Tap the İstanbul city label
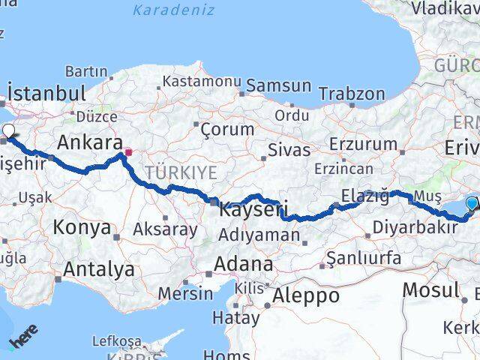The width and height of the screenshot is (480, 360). point(46,94)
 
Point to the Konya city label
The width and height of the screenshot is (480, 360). point(82,227)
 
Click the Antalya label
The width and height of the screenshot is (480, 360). point(99,269)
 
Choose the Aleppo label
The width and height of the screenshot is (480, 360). point(305,295)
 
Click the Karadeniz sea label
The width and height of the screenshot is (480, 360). point(173,10)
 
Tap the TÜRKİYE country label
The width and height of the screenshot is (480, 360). point(181,172)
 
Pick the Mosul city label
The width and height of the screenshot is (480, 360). point(430,289)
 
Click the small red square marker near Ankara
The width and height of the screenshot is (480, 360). point(128,152)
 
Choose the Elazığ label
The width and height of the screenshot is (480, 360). point(365,196)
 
